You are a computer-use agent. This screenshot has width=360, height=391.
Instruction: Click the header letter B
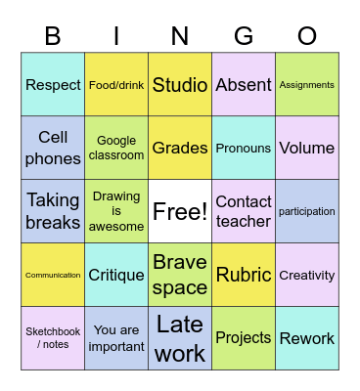(x=53, y=36)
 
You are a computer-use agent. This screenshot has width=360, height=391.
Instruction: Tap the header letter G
(x=244, y=36)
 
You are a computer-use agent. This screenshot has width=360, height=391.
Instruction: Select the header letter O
(x=307, y=36)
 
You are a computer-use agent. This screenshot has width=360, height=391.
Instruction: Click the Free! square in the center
(x=180, y=211)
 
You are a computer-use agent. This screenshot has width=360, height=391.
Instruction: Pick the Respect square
(x=53, y=85)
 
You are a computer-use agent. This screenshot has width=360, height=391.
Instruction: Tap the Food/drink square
(x=116, y=85)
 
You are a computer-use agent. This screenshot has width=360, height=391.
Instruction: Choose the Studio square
(x=180, y=85)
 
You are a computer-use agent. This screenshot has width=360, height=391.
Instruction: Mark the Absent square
(x=244, y=85)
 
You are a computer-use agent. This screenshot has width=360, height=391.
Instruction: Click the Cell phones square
(x=53, y=148)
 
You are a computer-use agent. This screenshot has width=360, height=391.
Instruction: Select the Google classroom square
(x=116, y=148)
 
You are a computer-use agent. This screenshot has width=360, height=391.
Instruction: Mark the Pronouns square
(x=244, y=148)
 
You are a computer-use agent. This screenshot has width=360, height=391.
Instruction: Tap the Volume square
(x=307, y=148)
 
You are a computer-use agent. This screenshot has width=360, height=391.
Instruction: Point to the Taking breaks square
(x=53, y=211)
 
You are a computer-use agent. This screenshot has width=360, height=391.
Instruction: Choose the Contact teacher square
(x=244, y=211)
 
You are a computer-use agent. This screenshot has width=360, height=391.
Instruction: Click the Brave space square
(x=180, y=275)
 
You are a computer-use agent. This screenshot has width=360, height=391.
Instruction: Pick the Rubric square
(x=244, y=275)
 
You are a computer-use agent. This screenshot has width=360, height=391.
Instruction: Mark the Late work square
(x=180, y=338)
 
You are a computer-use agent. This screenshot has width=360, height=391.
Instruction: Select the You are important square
(x=116, y=338)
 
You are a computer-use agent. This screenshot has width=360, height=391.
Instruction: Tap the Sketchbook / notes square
(x=53, y=338)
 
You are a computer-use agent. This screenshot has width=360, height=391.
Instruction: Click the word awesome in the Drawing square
(x=116, y=227)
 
